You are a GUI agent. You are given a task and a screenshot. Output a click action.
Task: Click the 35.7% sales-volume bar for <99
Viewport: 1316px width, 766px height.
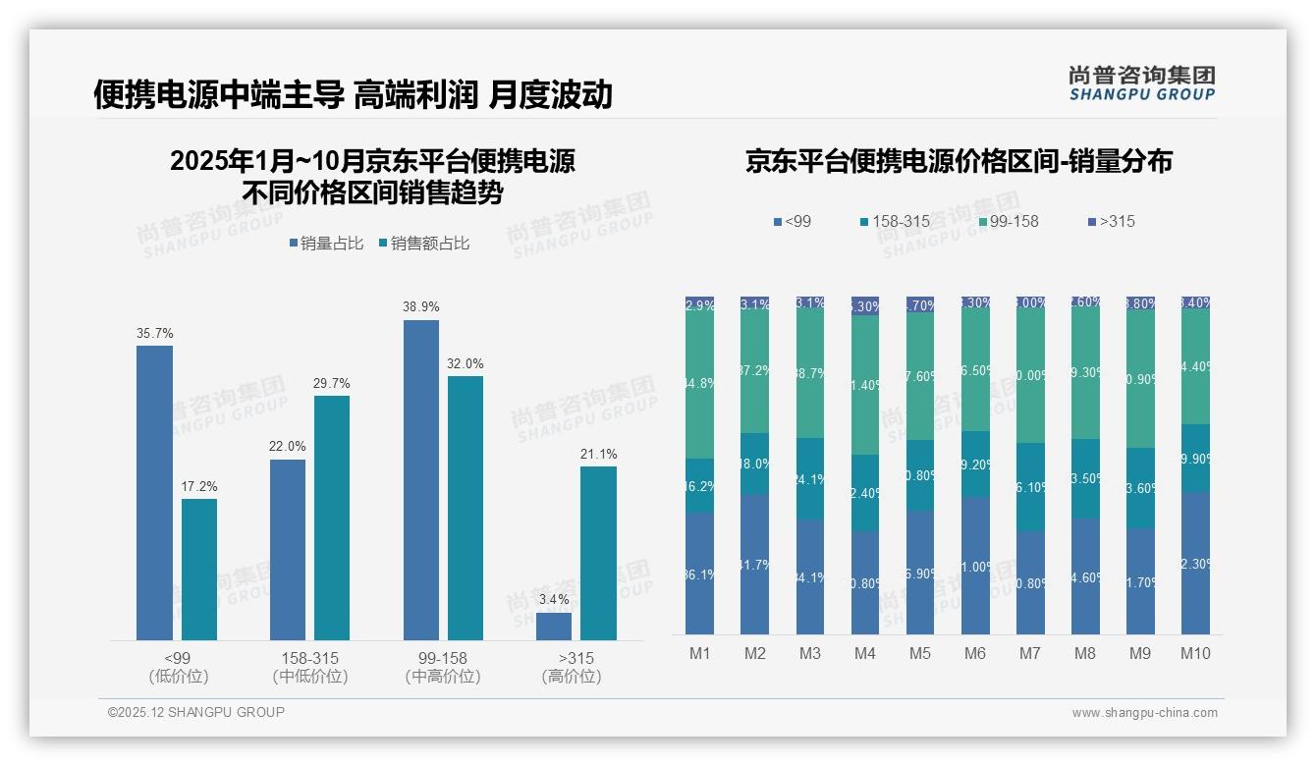click(x=154, y=492)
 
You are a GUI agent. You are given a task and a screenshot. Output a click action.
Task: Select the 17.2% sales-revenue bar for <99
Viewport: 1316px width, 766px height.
click(x=199, y=569)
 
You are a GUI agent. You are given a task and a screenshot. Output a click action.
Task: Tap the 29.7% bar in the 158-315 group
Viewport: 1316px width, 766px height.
click(x=332, y=518)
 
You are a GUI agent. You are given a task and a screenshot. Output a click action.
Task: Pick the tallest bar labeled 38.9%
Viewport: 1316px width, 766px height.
click(x=420, y=479)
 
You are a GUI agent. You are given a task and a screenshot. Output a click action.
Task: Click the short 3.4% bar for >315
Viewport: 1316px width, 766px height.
click(x=554, y=626)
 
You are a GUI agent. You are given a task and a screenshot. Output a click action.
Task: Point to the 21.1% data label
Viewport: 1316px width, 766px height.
click(x=599, y=454)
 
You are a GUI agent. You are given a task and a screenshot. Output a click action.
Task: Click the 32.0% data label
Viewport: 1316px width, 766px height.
click(x=466, y=363)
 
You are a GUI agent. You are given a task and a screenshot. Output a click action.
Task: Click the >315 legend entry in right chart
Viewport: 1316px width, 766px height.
click(x=1111, y=221)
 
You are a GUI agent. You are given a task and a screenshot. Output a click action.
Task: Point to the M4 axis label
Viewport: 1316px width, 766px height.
click(x=864, y=653)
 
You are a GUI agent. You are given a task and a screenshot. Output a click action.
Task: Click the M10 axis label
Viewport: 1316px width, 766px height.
click(x=1194, y=653)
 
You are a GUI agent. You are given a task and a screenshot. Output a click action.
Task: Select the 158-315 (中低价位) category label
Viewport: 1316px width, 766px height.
click(x=309, y=667)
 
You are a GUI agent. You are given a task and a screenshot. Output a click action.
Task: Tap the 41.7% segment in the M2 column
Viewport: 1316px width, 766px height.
click(x=755, y=564)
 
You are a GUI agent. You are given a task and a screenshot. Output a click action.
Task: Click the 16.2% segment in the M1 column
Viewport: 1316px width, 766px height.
click(x=700, y=485)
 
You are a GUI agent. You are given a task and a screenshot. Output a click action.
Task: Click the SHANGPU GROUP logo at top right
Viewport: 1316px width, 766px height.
click(x=1141, y=82)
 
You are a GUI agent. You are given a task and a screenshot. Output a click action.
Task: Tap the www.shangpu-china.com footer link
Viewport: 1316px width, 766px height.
click(x=1144, y=713)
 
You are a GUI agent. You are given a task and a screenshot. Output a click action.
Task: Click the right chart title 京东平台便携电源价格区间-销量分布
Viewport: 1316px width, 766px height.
click(x=959, y=161)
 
